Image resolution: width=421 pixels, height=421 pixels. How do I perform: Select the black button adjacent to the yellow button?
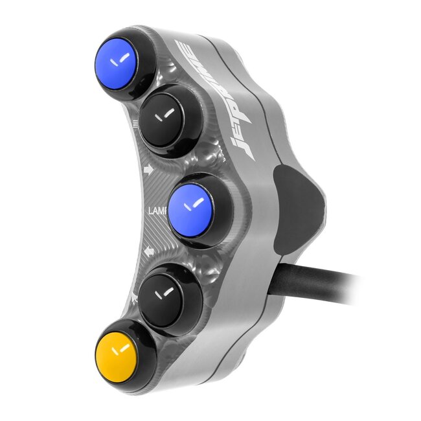point(167,297)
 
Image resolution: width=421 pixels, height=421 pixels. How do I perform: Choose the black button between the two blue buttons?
point(168,117)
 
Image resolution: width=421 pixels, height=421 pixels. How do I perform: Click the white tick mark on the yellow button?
point(119,352)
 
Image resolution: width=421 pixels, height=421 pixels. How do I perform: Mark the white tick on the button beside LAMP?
point(191,206)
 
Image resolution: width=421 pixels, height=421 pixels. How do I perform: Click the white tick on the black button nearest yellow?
point(166,293)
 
